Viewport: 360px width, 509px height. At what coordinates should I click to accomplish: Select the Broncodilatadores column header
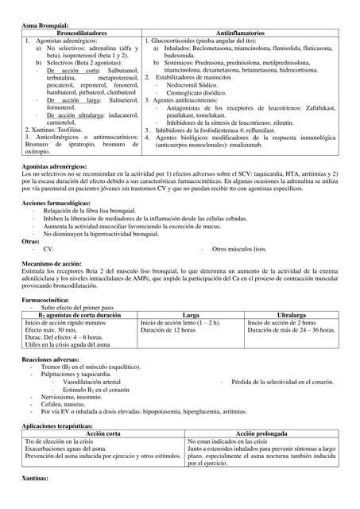pos(82,33)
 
